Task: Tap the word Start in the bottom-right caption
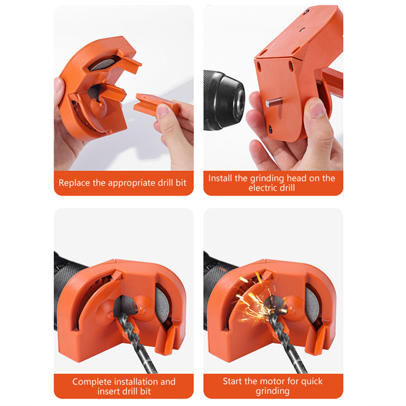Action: click(232, 381)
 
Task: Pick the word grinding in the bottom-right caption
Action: click(273, 391)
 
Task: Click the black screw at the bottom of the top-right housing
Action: click(270, 129)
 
